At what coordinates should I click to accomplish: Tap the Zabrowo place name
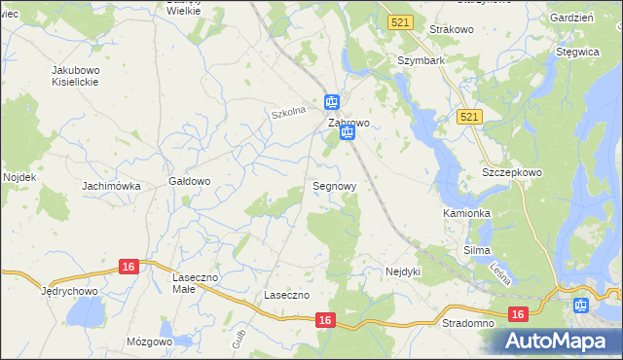click(x=348, y=124)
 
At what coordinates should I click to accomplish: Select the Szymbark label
click(x=421, y=59)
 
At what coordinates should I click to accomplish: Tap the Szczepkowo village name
click(x=512, y=172)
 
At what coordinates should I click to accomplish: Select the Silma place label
click(x=476, y=250)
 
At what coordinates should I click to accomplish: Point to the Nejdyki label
click(x=403, y=271)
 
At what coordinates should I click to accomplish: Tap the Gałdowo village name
click(x=190, y=181)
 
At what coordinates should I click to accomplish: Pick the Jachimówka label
click(x=112, y=186)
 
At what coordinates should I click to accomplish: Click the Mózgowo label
click(x=149, y=342)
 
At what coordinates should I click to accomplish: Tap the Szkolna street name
click(x=289, y=112)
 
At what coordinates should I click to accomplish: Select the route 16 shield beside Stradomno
click(x=517, y=313)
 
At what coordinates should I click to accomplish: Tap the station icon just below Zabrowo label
click(x=347, y=135)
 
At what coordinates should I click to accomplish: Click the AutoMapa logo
click(x=559, y=342)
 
